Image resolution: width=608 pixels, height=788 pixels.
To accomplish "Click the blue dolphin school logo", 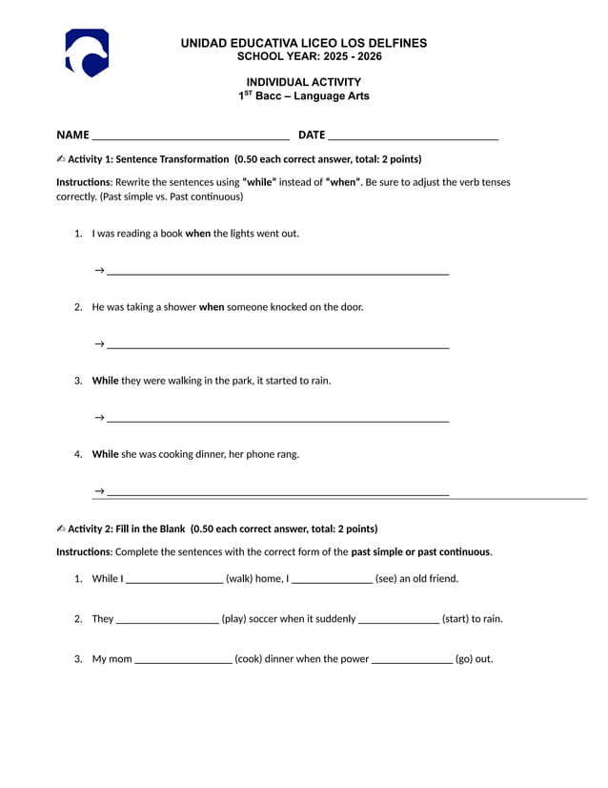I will [87, 52].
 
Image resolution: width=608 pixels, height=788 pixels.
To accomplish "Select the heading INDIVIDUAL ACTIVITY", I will [303, 82].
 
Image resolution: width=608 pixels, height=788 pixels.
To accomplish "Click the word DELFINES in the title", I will [392, 43].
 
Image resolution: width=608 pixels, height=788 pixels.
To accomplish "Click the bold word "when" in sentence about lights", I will [198, 234].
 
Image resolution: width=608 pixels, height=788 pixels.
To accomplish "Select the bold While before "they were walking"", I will [105, 381].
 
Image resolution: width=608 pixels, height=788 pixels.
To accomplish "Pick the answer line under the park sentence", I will [277, 420].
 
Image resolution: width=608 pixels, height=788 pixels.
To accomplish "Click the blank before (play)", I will [167, 620].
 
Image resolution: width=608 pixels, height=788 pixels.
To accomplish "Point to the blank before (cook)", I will [184, 660].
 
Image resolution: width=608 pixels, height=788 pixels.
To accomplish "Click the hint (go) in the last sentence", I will [474, 659].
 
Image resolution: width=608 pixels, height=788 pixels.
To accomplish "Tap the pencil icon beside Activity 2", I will [61, 529].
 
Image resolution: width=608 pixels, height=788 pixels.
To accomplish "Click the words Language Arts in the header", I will [331, 96].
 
